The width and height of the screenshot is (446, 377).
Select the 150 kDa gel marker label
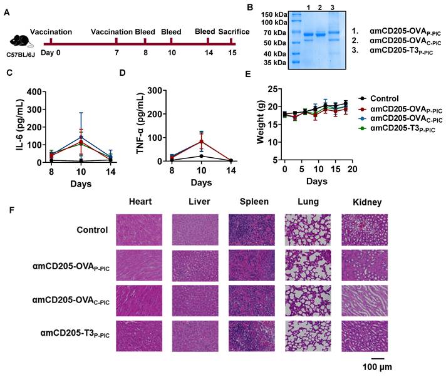[x=273, y=14]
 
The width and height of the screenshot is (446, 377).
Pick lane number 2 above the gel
[x=319, y=6]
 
